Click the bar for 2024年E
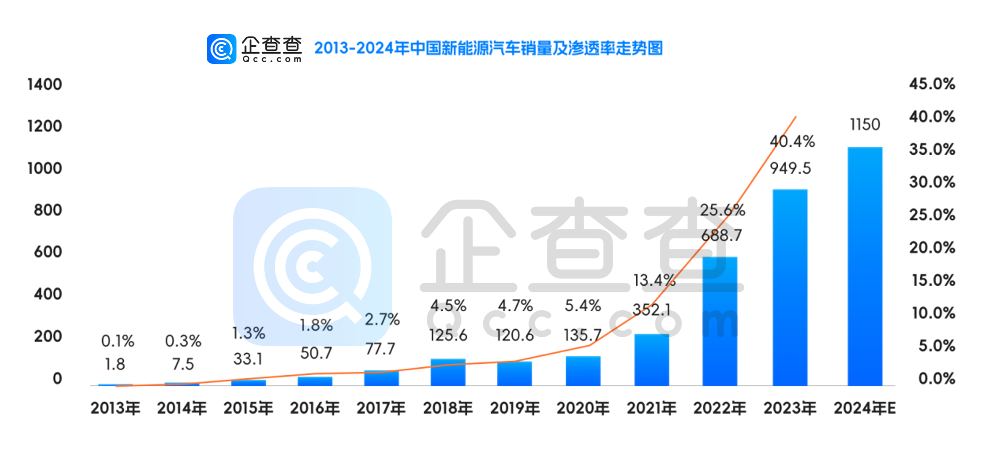864,266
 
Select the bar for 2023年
789,287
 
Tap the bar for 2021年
651,360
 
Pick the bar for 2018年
448,372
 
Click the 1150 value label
865,124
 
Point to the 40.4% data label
792,142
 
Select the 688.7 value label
721,235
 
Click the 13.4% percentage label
654,280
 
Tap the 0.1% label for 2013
117,341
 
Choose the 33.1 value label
248,359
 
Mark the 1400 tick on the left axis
45,84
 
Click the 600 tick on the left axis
48,252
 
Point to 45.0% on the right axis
931,84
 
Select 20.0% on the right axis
931,247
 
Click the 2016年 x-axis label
315,408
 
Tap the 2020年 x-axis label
583,408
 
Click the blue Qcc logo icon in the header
221,49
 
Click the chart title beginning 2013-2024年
488,48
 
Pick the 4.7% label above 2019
515,306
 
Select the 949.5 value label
790,169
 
